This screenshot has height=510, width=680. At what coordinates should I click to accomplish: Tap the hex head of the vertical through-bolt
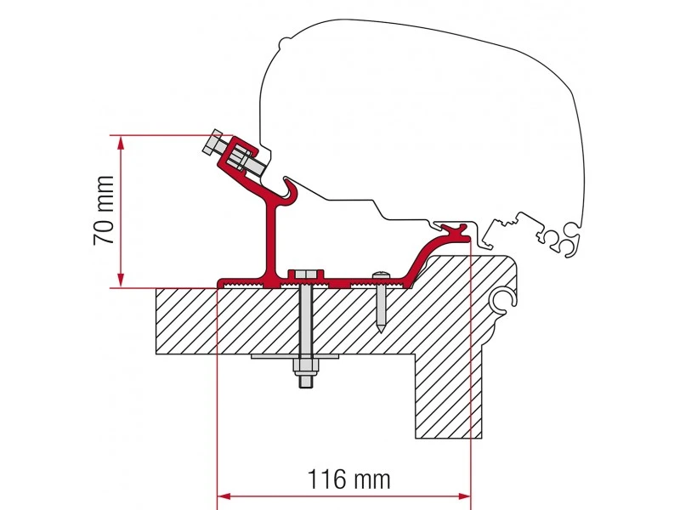(x=305, y=274)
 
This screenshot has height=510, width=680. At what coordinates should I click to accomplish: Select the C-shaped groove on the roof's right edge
(x=503, y=297)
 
